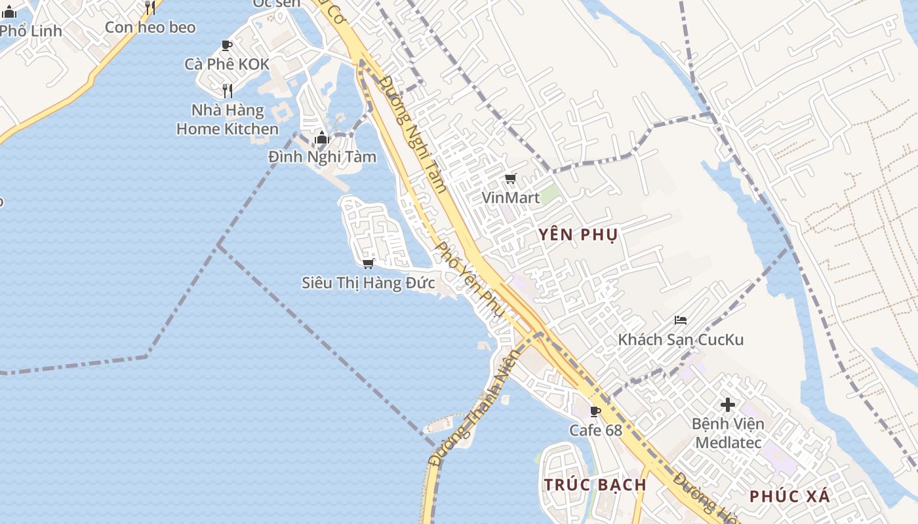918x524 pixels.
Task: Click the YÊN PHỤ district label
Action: (578, 234)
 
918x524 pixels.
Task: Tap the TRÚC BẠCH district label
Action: (595, 485)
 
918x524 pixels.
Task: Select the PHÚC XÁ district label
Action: (789, 496)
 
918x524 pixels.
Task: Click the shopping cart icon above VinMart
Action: (511, 178)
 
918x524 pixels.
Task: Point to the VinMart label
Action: (511, 197)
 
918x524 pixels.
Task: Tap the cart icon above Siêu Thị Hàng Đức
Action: (368, 263)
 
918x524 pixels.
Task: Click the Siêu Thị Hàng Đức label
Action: (368, 283)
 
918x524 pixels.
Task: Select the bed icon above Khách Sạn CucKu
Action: (681, 320)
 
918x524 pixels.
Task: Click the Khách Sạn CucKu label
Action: (681, 339)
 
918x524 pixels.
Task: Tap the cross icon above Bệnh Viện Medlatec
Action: (728, 404)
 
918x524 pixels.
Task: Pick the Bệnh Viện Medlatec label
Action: (728, 433)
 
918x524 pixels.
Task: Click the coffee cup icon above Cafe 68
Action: (595, 411)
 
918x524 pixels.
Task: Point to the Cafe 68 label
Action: (595, 430)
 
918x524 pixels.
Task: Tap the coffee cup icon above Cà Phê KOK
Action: (227, 45)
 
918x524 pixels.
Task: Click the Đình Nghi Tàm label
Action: (322, 157)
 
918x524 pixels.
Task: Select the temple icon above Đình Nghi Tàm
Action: (321, 138)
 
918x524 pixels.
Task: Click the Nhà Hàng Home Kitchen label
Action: (227, 119)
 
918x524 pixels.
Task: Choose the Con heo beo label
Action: (150, 27)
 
